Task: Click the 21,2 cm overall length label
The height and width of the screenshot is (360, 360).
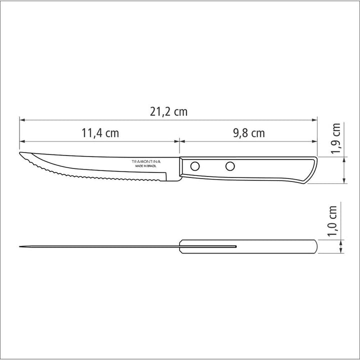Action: click(168, 112)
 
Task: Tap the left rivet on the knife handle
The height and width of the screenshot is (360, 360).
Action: click(196, 165)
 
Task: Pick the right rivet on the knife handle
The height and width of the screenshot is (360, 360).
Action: click(230, 165)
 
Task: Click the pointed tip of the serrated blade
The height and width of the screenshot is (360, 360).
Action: click(20, 153)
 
